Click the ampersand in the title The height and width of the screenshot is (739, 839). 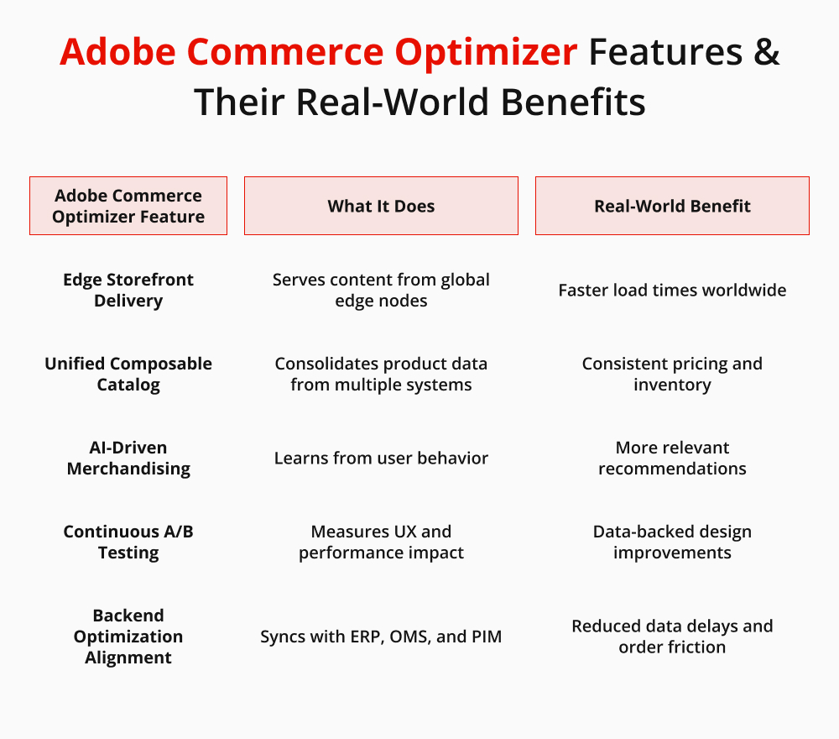pos(766,51)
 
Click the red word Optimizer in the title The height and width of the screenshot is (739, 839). pos(486,52)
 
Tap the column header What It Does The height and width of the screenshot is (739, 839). pos(381,206)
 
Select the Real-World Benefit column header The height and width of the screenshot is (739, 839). pos(672,206)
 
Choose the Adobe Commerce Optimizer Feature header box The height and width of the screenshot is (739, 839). pos(128,206)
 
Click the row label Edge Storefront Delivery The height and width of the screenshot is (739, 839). pos(128,290)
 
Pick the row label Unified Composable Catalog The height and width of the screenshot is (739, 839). pos(128,374)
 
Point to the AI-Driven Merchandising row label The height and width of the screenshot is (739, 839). pos(128,458)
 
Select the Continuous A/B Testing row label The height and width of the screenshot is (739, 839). pos(128,542)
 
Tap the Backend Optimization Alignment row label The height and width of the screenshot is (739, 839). pos(128,637)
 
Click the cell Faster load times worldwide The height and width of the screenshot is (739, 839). pos(672,291)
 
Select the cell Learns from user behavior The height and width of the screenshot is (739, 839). pos(381,459)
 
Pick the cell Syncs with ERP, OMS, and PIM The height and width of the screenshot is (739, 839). pos(381,637)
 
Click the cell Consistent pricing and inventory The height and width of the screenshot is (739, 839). pos(672,374)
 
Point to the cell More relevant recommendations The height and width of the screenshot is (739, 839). pos(672,458)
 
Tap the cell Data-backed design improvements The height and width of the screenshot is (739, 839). pos(672,542)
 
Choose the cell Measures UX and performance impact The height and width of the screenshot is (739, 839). pos(381,542)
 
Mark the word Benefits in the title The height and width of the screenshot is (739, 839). pos(573,102)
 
